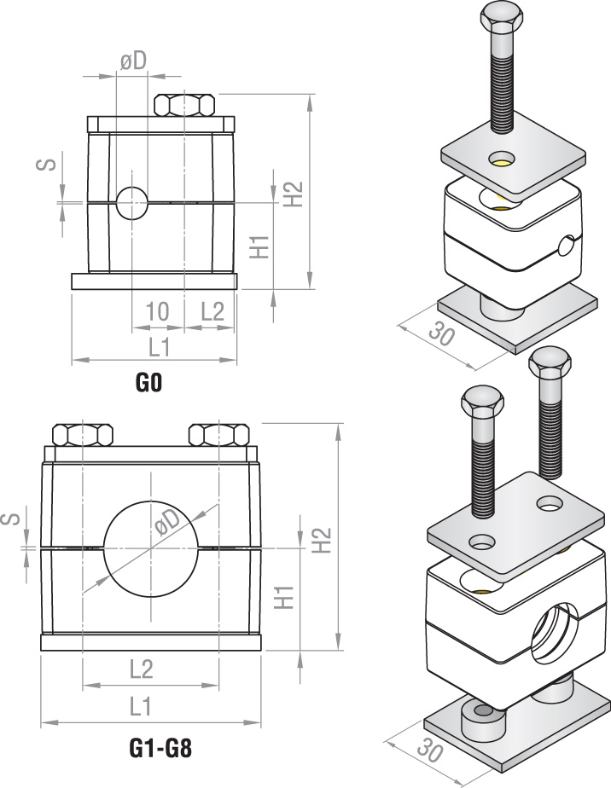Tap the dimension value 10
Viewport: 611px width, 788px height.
pos(157,311)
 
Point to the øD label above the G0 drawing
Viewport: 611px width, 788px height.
pos(132,61)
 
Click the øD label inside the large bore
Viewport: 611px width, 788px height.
pos(168,523)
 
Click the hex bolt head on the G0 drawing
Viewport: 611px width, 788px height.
pos(184,105)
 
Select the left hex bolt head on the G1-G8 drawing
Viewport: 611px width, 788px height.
pos(83,435)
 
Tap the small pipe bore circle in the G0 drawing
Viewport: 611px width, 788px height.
pos(132,203)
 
